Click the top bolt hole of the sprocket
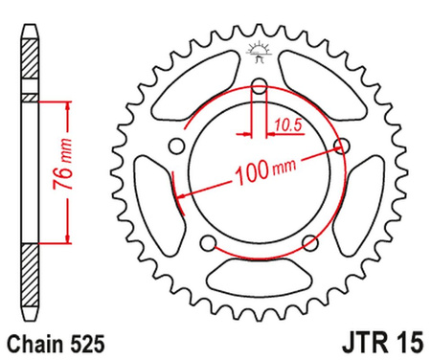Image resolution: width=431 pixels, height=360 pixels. click(259, 87)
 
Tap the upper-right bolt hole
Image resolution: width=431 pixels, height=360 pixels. click(342, 146)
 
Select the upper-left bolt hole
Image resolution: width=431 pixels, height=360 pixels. click(176, 146)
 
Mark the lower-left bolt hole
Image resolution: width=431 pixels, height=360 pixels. click(208, 242)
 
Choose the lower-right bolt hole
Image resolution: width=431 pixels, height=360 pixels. click(309, 242)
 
